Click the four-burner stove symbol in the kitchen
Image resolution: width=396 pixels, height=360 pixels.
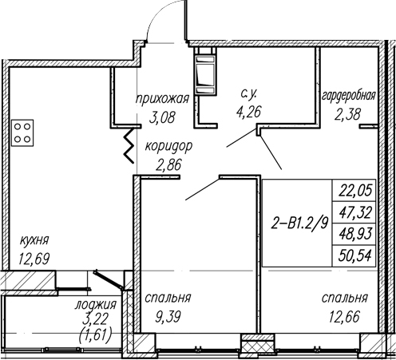22,133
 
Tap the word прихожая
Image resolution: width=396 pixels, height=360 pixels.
162,99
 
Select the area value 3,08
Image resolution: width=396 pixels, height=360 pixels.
162,117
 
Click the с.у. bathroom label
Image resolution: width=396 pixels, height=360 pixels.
248,94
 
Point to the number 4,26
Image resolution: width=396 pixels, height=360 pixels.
249,112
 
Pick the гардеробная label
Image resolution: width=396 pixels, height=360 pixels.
349,96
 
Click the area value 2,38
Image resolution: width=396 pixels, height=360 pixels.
347,115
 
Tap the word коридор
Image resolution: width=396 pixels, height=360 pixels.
168,147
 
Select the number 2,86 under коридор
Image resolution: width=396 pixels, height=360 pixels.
168,165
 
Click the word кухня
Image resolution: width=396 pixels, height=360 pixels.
34,241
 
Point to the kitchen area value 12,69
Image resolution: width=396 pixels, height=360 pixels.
34,259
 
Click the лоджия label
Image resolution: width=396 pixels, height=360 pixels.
96,305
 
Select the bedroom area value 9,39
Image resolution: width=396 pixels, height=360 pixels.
168,317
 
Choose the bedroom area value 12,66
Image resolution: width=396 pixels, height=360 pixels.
344,317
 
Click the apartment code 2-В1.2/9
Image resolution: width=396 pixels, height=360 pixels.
299,224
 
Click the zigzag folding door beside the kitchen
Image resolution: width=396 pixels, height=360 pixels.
129,146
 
